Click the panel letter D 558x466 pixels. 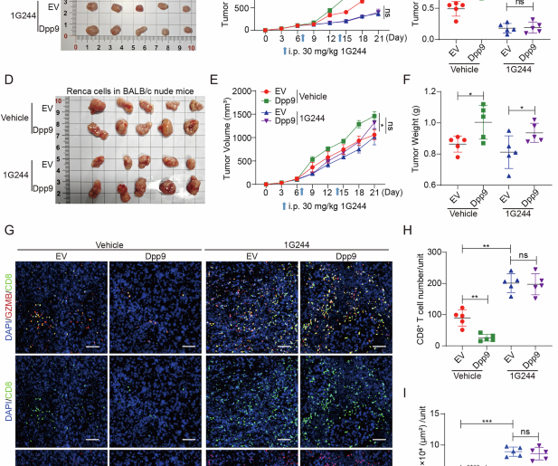click(8, 81)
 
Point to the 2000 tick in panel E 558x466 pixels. click(249, 90)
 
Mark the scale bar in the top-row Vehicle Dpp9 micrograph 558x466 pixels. click(188, 345)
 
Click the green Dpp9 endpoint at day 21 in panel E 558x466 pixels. click(374, 115)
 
